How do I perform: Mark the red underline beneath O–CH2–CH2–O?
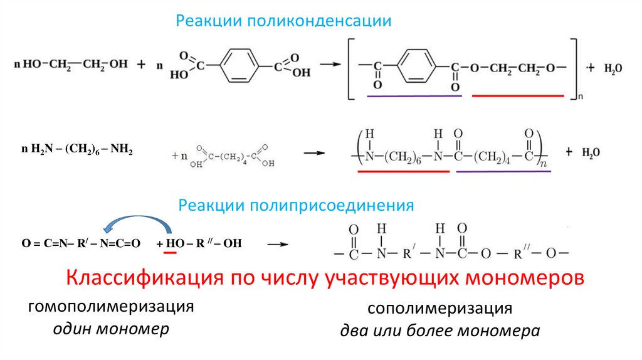[518, 96]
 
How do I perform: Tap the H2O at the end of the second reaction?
[590, 152]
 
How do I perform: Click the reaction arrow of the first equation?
[329, 64]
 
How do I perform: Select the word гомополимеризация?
[109, 307]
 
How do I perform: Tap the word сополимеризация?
[439, 309]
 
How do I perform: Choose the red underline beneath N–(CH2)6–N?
[404, 171]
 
